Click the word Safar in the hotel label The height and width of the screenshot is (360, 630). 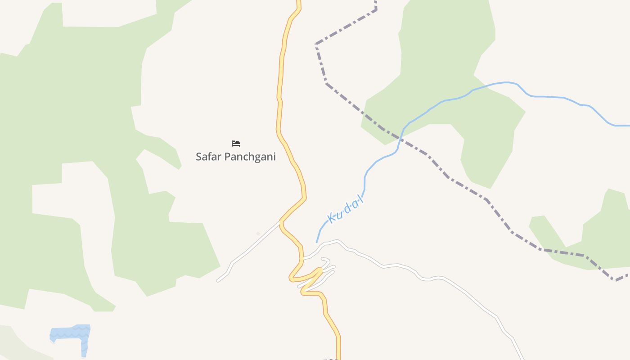pyautogui.click(x=208, y=157)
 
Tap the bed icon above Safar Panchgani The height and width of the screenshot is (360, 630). pyautogui.click(x=236, y=144)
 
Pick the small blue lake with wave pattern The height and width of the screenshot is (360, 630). pyautogui.click(x=71, y=334)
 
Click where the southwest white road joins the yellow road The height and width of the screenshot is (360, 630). pyautogui.click(x=281, y=221)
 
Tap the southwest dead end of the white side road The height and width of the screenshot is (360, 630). pyautogui.click(x=218, y=281)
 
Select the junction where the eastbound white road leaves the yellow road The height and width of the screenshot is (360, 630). pyautogui.click(x=302, y=259)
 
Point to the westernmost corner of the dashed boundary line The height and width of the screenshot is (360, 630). pyautogui.click(x=316, y=44)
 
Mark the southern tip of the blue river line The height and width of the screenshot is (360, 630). pyautogui.click(x=317, y=242)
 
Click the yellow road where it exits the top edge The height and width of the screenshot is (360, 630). pyautogui.click(x=298, y=2)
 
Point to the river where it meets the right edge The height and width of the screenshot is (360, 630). pyautogui.click(x=628, y=126)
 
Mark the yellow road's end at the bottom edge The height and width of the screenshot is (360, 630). pyautogui.click(x=338, y=358)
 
